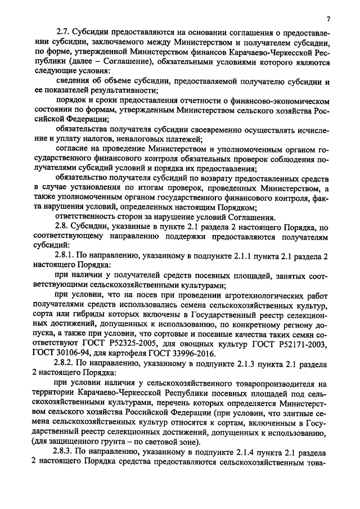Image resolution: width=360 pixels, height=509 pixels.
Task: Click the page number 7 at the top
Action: [x=327, y=20]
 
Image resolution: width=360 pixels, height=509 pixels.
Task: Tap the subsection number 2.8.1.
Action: [x=64, y=256]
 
